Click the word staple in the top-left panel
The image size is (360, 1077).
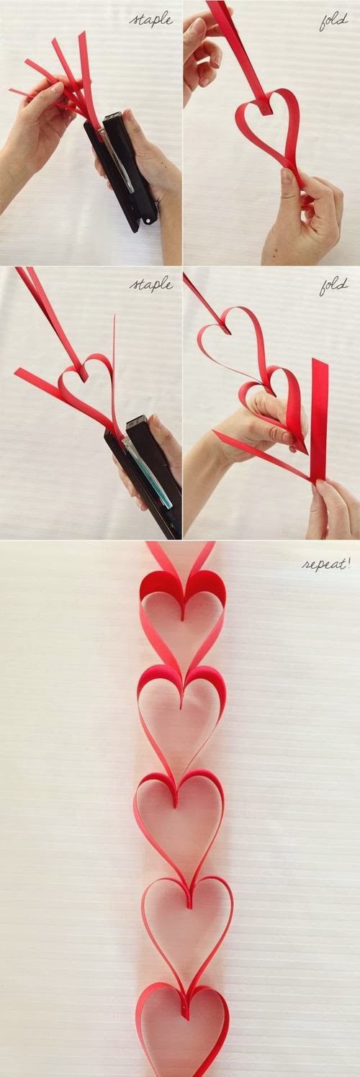pyautogui.click(x=152, y=21)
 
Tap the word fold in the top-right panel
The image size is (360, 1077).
pyautogui.click(x=334, y=22)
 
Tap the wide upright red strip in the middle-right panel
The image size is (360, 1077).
pyautogui.click(x=319, y=419)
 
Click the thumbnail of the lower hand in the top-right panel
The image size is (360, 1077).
pyautogui.click(x=287, y=176)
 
